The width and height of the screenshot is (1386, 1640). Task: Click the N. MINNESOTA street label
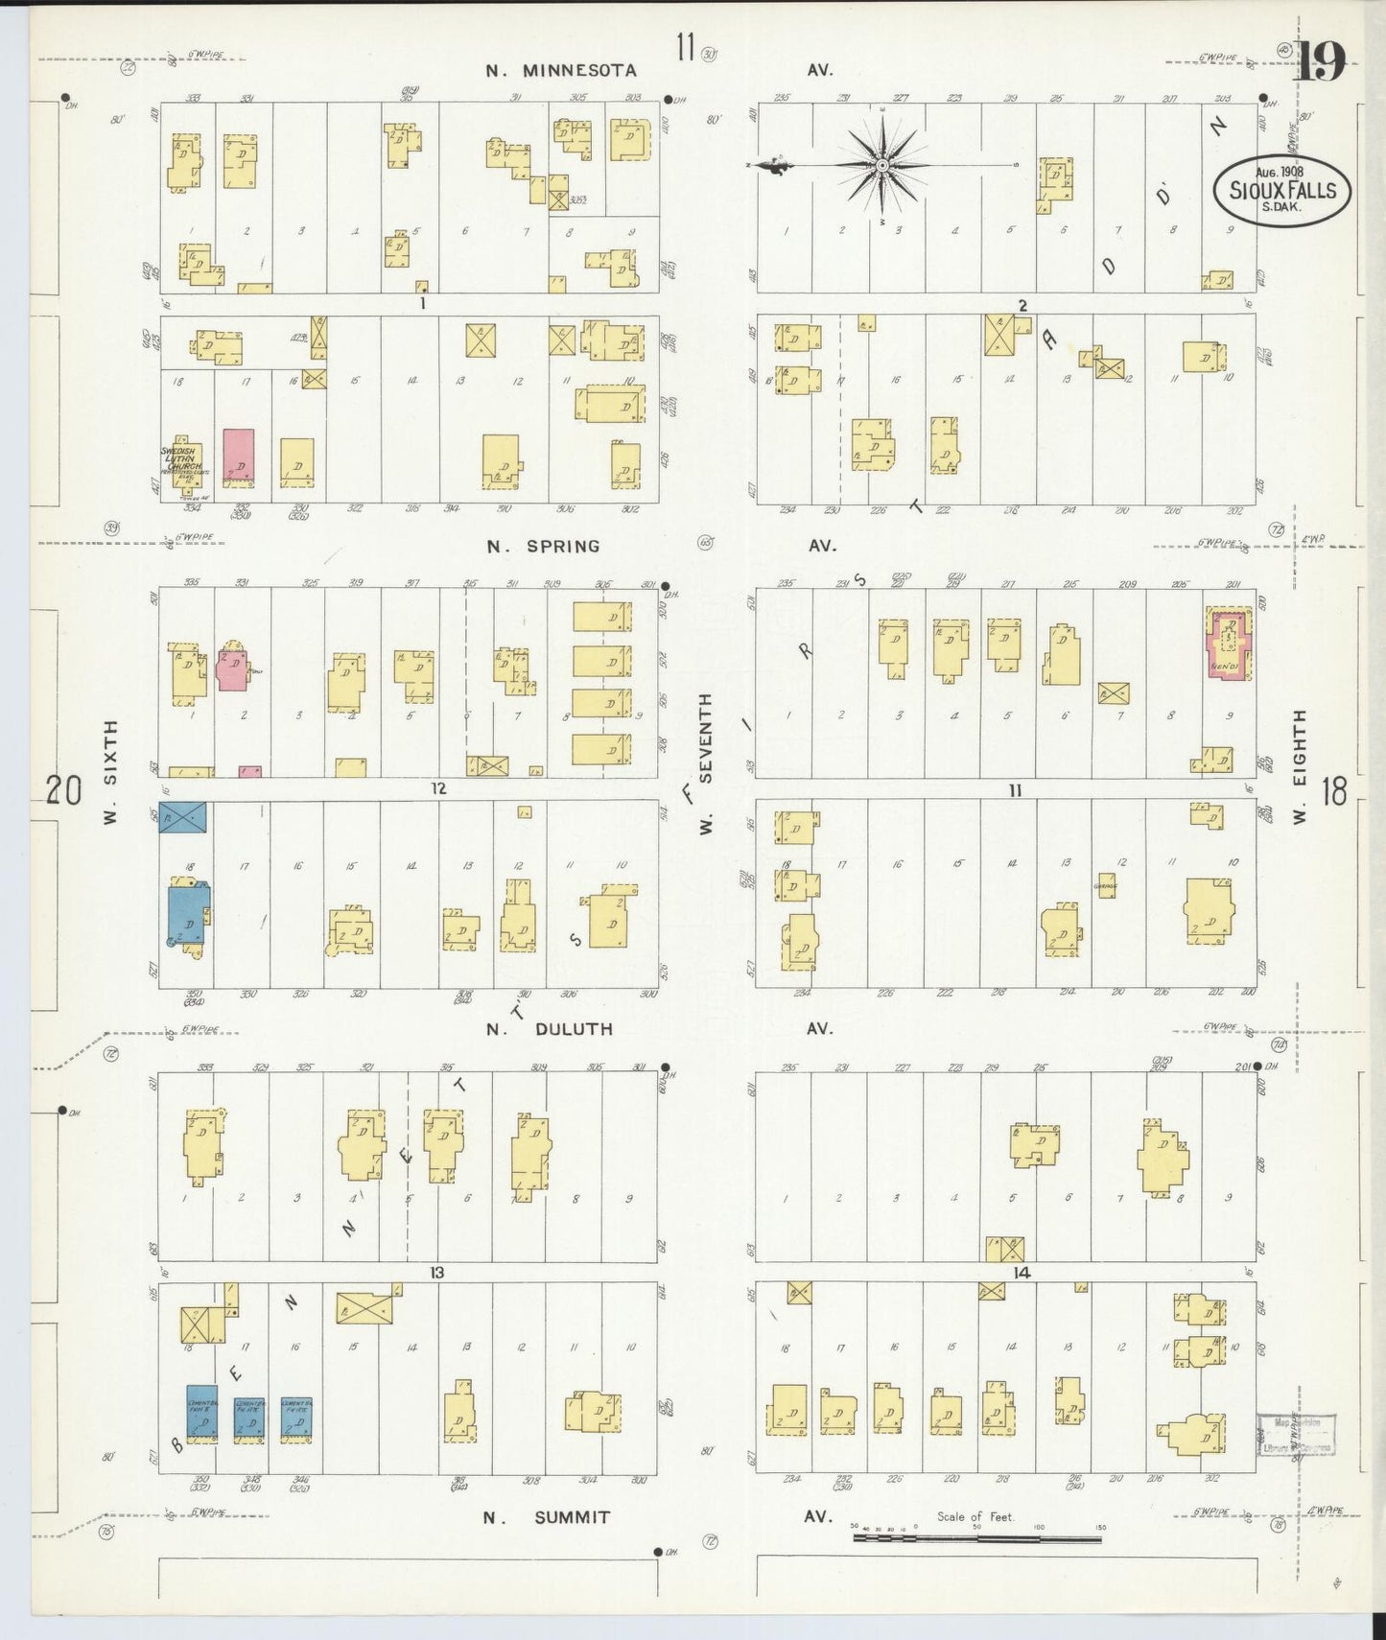561,71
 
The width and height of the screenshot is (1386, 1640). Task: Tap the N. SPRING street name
543,547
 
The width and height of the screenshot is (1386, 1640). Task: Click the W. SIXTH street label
110,773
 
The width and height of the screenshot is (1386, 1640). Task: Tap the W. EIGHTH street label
1300,767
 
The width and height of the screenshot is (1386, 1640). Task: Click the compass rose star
881,166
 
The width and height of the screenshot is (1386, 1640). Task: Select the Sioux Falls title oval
1280,190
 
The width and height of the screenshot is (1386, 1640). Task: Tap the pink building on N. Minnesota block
239,457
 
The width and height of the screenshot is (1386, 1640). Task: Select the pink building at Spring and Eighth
1228,645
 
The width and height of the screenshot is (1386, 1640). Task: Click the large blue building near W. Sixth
189,917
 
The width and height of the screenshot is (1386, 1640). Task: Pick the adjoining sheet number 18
1333,792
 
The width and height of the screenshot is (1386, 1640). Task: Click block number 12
438,789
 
